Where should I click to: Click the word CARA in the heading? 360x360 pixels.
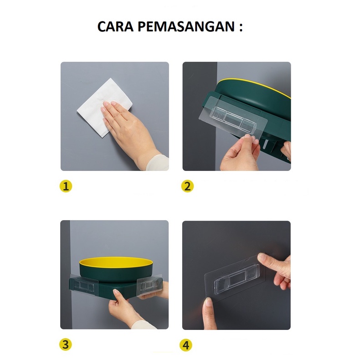click(x=115, y=26)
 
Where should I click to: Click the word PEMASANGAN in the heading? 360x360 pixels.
click(x=186, y=26)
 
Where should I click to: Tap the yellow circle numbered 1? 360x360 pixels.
click(x=66, y=186)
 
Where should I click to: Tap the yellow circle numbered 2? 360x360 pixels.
click(x=187, y=186)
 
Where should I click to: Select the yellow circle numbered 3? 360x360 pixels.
click(x=66, y=345)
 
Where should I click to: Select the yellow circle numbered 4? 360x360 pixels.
click(x=186, y=345)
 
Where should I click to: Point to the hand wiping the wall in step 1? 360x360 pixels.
click(x=129, y=129)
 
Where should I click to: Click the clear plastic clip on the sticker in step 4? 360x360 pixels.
click(x=237, y=278)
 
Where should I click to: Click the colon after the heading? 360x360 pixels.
click(x=241, y=27)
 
